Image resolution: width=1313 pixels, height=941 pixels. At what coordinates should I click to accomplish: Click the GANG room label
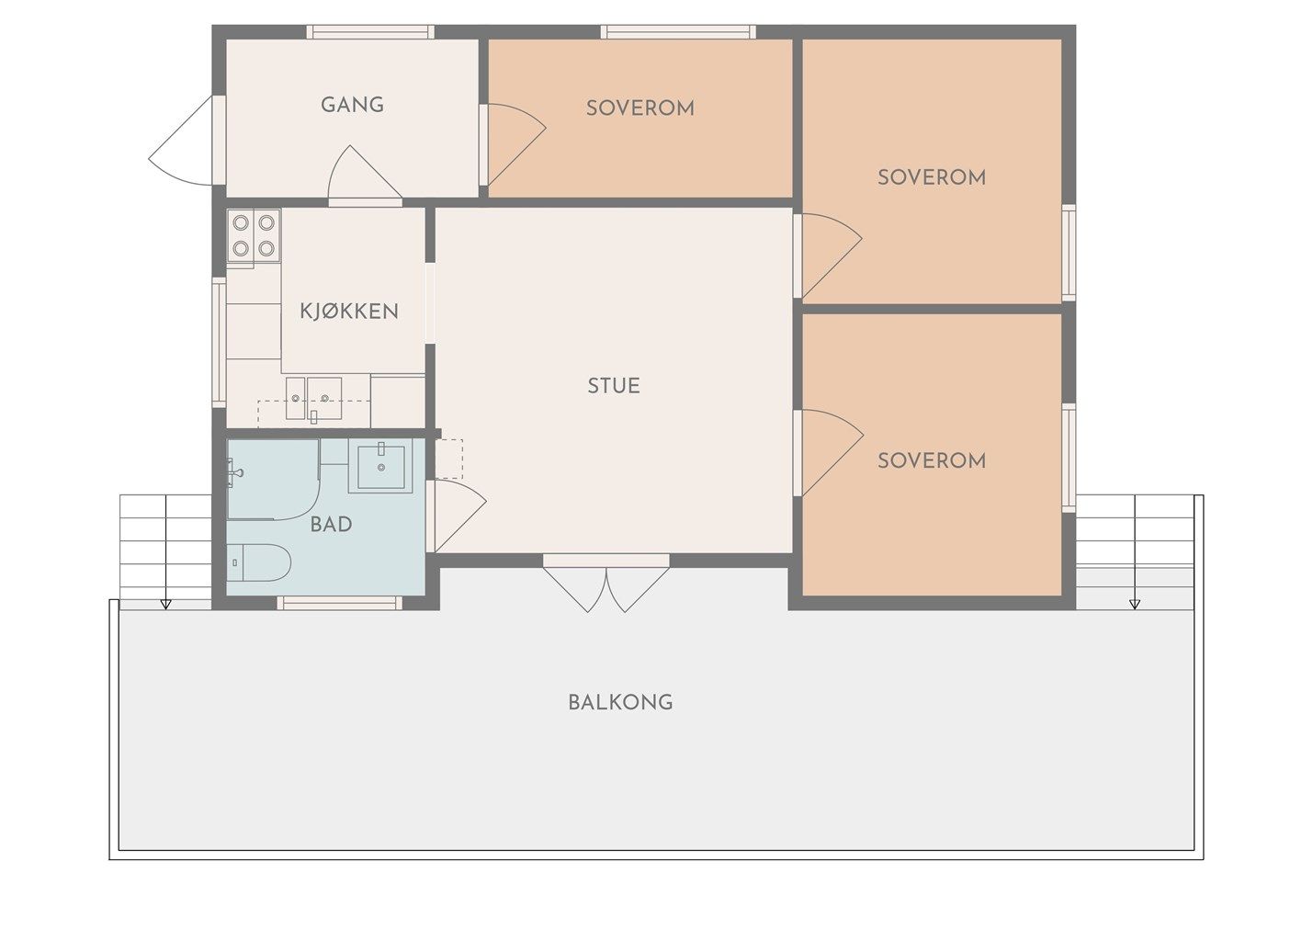(x=352, y=105)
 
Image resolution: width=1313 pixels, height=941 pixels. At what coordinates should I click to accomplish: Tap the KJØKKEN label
(x=349, y=311)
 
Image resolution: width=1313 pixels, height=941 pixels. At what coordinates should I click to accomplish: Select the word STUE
(x=614, y=386)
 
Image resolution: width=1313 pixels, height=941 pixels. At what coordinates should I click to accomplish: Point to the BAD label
(x=331, y=524)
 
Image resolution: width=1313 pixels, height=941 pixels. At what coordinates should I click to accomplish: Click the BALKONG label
(x=620, y=702)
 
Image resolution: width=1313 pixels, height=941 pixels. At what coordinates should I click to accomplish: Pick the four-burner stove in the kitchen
(x=254, y=235)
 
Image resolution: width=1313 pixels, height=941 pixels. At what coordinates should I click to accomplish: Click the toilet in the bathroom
(x=259, y=562)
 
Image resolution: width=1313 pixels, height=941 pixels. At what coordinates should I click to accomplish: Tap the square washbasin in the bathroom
(x=381, y=467)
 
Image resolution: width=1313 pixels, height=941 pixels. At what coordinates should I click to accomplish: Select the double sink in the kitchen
(x=313, y=399)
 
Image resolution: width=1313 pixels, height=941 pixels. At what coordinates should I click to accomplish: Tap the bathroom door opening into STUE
(x=459, y=516)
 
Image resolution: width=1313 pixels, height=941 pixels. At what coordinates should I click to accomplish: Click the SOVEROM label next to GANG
(x=640, y=108)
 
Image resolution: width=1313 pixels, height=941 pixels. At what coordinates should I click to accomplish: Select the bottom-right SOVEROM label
(x=932, y=460)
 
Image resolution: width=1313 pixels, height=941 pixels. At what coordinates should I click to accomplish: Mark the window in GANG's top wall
(x=370, y=31)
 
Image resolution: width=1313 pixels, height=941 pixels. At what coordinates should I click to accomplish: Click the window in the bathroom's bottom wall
(x=339, y=603)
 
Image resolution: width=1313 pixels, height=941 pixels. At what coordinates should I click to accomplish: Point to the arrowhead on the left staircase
(x=166, y=604)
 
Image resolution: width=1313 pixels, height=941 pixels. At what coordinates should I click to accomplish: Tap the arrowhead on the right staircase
(x=1135, y=604)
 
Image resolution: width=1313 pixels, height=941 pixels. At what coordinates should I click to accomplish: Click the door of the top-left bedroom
(x=512, y=145)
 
